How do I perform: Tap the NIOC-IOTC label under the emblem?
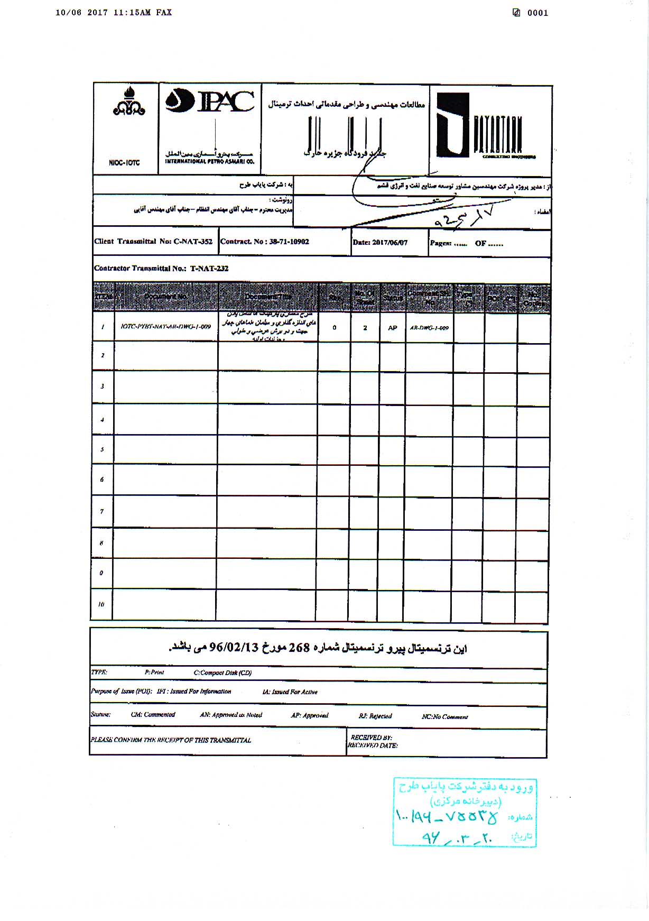(124, 163)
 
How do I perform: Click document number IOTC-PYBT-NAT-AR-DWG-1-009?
(165, 327)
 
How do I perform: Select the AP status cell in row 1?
(392, 328)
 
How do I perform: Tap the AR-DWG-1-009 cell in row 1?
(429, 328)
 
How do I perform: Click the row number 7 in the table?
(102, 511)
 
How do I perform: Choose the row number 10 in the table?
(101, 604)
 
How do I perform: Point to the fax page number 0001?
(537, 13)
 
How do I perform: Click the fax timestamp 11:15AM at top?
(132, 13)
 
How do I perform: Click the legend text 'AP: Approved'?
(310, 715)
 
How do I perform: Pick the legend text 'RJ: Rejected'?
(375, 716)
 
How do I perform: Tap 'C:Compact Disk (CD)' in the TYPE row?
(222, 673)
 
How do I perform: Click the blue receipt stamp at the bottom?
(465, 813)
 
